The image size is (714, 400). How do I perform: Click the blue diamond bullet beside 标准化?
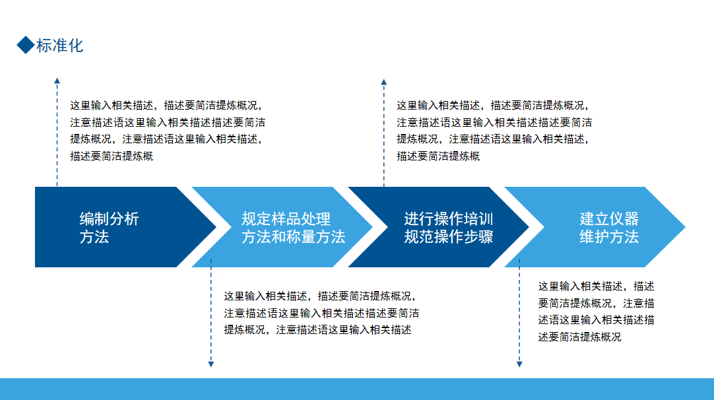pyautogui.click(x=26, y=45)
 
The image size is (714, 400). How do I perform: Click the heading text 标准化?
pyautogui.click(x=59, y=46)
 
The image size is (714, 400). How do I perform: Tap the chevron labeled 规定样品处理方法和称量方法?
pyautogui.click(x=282, y=227)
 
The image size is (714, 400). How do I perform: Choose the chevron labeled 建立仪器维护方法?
pyautogui.click(x=595, y=227)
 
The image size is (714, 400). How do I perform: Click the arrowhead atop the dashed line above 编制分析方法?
pyautogui.click(x=57, y=81)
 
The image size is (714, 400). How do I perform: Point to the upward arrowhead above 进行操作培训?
pyautogui.click(x=384, y=82)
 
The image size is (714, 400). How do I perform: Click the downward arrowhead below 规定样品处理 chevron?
pyautogui.click(x=211, y=364)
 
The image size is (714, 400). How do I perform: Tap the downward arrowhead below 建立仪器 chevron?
pyautogui.click(x=519, y=364)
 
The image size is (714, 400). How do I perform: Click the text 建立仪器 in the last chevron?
pyautogui.click(x=609, y=218)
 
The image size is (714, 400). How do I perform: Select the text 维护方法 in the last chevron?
pyautogui.click(x=609, y=237)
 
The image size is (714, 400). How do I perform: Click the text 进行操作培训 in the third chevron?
pyautogui.click(x=449, y=218)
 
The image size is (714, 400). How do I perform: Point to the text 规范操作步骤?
pyautogui.click(x=449, y=237)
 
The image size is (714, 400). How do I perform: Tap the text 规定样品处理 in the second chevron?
pyautogui.click(x=286, y=218)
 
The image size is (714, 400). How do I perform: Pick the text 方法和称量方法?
pyautogui.click(x=293, y=237)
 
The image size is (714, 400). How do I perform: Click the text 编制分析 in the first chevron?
pyautogui.click(x=110, y=218)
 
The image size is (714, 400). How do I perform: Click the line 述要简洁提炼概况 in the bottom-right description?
pyautogui.click(x=579, y=337)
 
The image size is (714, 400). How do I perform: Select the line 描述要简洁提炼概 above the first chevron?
pyautogui.click(x=112, y=156)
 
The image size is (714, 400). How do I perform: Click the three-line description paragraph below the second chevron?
pyautogui.click(x=321, y=313)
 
